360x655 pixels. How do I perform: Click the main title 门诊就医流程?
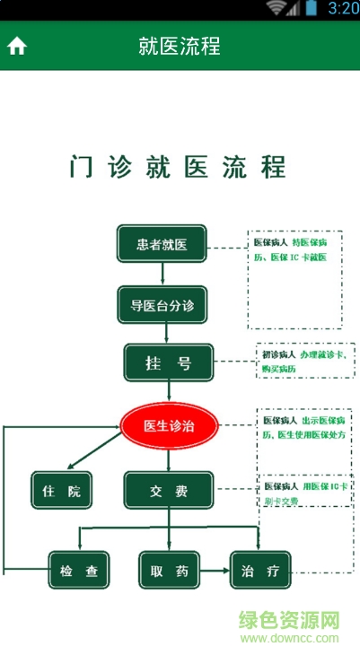(x=179, y=167)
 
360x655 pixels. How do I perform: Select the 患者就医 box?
(x=162, y=243)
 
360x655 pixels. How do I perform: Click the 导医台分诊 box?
(x=162, y=304)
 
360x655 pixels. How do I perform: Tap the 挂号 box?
(x=168, y=362)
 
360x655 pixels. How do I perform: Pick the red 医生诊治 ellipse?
(x=170, y=425)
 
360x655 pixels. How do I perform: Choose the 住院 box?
(x=61, y=491)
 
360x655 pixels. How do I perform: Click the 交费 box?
(x=168, y=491)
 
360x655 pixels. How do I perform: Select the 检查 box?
(x=79, y=570)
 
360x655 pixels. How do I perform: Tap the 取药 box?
(x=169, y=570)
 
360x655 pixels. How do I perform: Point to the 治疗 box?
(x=261, y=570)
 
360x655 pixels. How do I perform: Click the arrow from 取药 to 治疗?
(x=215, y=570)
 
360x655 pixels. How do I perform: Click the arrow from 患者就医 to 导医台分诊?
(x=162, y=274)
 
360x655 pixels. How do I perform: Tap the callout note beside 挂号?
(x=306, y=361)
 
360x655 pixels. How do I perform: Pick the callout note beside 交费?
(x=306, y=493)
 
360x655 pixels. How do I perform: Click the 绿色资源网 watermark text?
(x=289, y=621)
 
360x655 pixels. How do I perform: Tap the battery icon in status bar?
(x=311, y=8)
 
